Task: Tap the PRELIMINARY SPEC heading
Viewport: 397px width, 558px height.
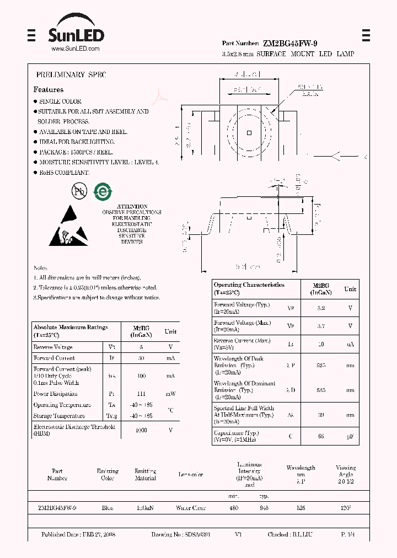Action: [x=71, y=74]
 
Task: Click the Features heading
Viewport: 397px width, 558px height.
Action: [x=49, y=89]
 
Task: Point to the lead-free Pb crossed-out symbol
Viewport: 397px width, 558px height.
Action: [x=80, y=191]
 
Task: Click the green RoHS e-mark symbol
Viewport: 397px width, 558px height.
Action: [x=103, y=191]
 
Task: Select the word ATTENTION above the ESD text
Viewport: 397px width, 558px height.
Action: [x=132, y=206]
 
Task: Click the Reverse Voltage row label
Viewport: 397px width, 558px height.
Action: [x=53, y=347]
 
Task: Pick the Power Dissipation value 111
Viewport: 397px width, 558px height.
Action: [x=141, y=394]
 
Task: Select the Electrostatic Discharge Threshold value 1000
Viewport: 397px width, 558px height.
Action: [x=141, y=430]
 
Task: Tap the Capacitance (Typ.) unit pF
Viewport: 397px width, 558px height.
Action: [x=350, y=437]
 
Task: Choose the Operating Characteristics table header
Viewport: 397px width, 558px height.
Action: [x=249, y=288]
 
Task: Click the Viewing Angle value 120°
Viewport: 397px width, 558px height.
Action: [x=346, y=508]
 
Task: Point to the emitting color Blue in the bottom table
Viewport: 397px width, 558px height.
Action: [x=108, y=508]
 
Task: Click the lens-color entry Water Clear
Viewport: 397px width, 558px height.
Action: [x=191, y=508]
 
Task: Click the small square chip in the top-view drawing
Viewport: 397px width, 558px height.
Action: [x=250, y=132]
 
